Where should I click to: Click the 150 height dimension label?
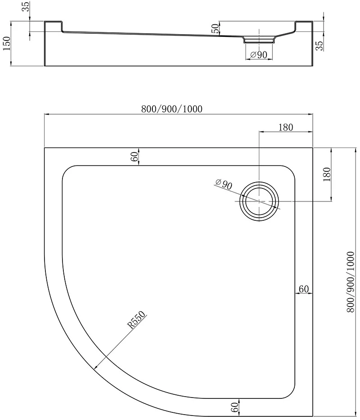click(x=6, y=43)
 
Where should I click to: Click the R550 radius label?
click(x=137, y=320)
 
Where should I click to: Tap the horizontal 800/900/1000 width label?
click(x=172, y=109)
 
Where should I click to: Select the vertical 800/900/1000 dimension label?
click(x=351, y=282)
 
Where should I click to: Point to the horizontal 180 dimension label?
click(x=285, y=127)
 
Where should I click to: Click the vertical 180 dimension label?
click(x=327, y=174)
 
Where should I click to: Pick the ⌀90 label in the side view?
click(x=258, y=55)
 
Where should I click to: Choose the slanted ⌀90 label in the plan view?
click(x=224, y=184)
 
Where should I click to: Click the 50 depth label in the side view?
click(x=215, y=28)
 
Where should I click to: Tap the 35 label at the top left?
click(x=26, y=6)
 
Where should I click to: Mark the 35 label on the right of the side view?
click(x=319, y=46)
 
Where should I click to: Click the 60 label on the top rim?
click(x=135, y=156)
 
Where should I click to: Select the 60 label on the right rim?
click(x=303, y=289)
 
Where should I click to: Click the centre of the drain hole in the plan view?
click(x=259, y=201)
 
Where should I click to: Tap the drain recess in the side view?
click(x=259, y=40)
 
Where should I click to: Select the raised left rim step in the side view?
click(x=53, y=26)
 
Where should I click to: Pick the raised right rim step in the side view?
click(x=304, y=26)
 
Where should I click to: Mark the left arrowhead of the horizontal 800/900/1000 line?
click(x=47, y=114)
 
